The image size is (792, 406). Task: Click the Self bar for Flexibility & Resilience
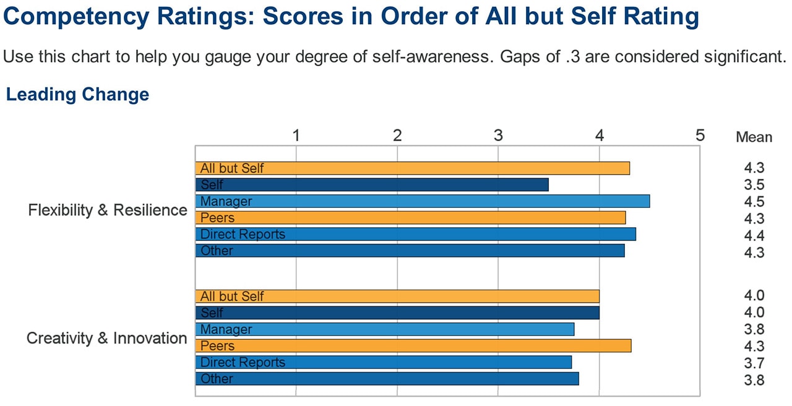(x=371, y=184)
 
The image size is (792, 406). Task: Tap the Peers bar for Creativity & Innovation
(x=413, y=346)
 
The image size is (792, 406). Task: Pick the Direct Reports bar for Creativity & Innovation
(x=383, y=362)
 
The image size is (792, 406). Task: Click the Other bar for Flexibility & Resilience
(x=410, y=251)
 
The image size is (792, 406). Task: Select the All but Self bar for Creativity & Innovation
(x=397, y=296)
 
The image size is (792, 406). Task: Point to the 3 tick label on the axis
(x=498, y=135)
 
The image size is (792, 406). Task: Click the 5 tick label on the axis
(x=700, y=135)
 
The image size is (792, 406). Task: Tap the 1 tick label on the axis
(x=296, y=135)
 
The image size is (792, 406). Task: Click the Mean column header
(x=754, y=137)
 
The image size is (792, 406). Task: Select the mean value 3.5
(x=754, y=184)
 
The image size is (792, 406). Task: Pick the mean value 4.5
(x=754, y=202)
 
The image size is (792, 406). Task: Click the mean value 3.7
(x=754, y=363)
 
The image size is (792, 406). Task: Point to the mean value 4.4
(x=754, y=236)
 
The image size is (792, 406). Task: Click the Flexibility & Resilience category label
(x=108, y=210)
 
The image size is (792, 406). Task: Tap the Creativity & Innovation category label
(x=106, y=339)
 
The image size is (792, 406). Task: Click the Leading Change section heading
(x=77, y=95)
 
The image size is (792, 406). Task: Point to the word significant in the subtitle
(x=744, y=58)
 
